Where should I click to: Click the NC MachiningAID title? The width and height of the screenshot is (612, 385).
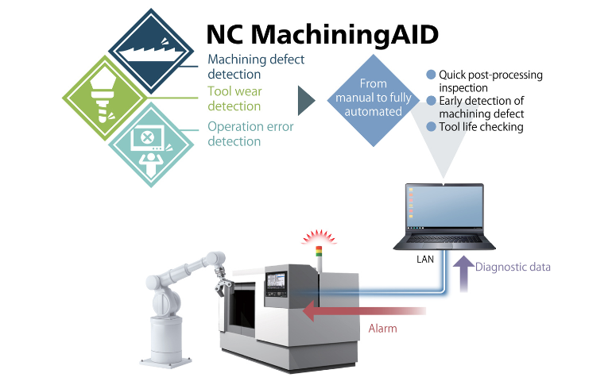(x=323, y=34)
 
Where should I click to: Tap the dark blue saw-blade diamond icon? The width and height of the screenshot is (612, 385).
(x=151, y=51)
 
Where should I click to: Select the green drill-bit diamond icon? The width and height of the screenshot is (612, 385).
(x=105, y=98)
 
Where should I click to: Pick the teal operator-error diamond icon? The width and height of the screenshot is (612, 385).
(x=151, y=144)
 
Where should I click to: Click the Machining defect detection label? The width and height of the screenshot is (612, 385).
(x=256, y=67)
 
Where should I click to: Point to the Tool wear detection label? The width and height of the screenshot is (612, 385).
(x=234, y=98)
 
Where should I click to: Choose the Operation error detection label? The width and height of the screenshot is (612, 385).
(x=250, y=133)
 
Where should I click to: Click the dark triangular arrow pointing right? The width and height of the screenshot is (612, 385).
(x=306, y=101)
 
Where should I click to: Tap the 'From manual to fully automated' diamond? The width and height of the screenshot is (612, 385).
(x=373, y=100)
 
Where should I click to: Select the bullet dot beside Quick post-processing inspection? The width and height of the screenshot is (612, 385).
(x=431, y=75)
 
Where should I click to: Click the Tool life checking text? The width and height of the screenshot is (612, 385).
(x=481, y=127)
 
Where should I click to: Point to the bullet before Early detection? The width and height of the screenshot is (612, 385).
(x=431, y=101)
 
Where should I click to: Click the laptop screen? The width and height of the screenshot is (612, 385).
(x=444, y=207)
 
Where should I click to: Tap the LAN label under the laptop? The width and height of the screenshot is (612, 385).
(x=425, y=259)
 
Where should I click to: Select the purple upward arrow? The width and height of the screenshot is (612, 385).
(x=463, y=274)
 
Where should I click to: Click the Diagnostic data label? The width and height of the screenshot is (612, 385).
(x=513, y=267)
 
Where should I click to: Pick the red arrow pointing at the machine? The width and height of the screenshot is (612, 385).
(x=364, y=310)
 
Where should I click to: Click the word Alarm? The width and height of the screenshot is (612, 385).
(x=382, y=329)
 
